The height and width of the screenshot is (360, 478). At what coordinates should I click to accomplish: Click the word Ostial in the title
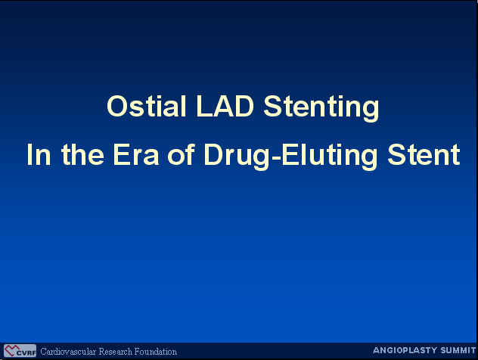pyautogui.click(x=146, y=106)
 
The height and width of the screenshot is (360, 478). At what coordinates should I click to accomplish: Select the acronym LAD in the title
pyautogui.click(x=225, y=106)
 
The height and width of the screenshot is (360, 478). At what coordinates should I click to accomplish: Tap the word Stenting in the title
pyautogui.click(x=321, y=109)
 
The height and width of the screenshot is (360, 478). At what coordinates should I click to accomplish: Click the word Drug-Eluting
pyautogui.click(x=291, y=157)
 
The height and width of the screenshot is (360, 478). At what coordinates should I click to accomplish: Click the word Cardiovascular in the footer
pyautogui.click(x=68, y=352)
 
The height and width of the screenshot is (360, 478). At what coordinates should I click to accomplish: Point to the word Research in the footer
pyautogui.click(x=116, y=352)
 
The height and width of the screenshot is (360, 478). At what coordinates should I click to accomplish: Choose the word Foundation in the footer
pyautogui.click(x=156, y=352)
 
